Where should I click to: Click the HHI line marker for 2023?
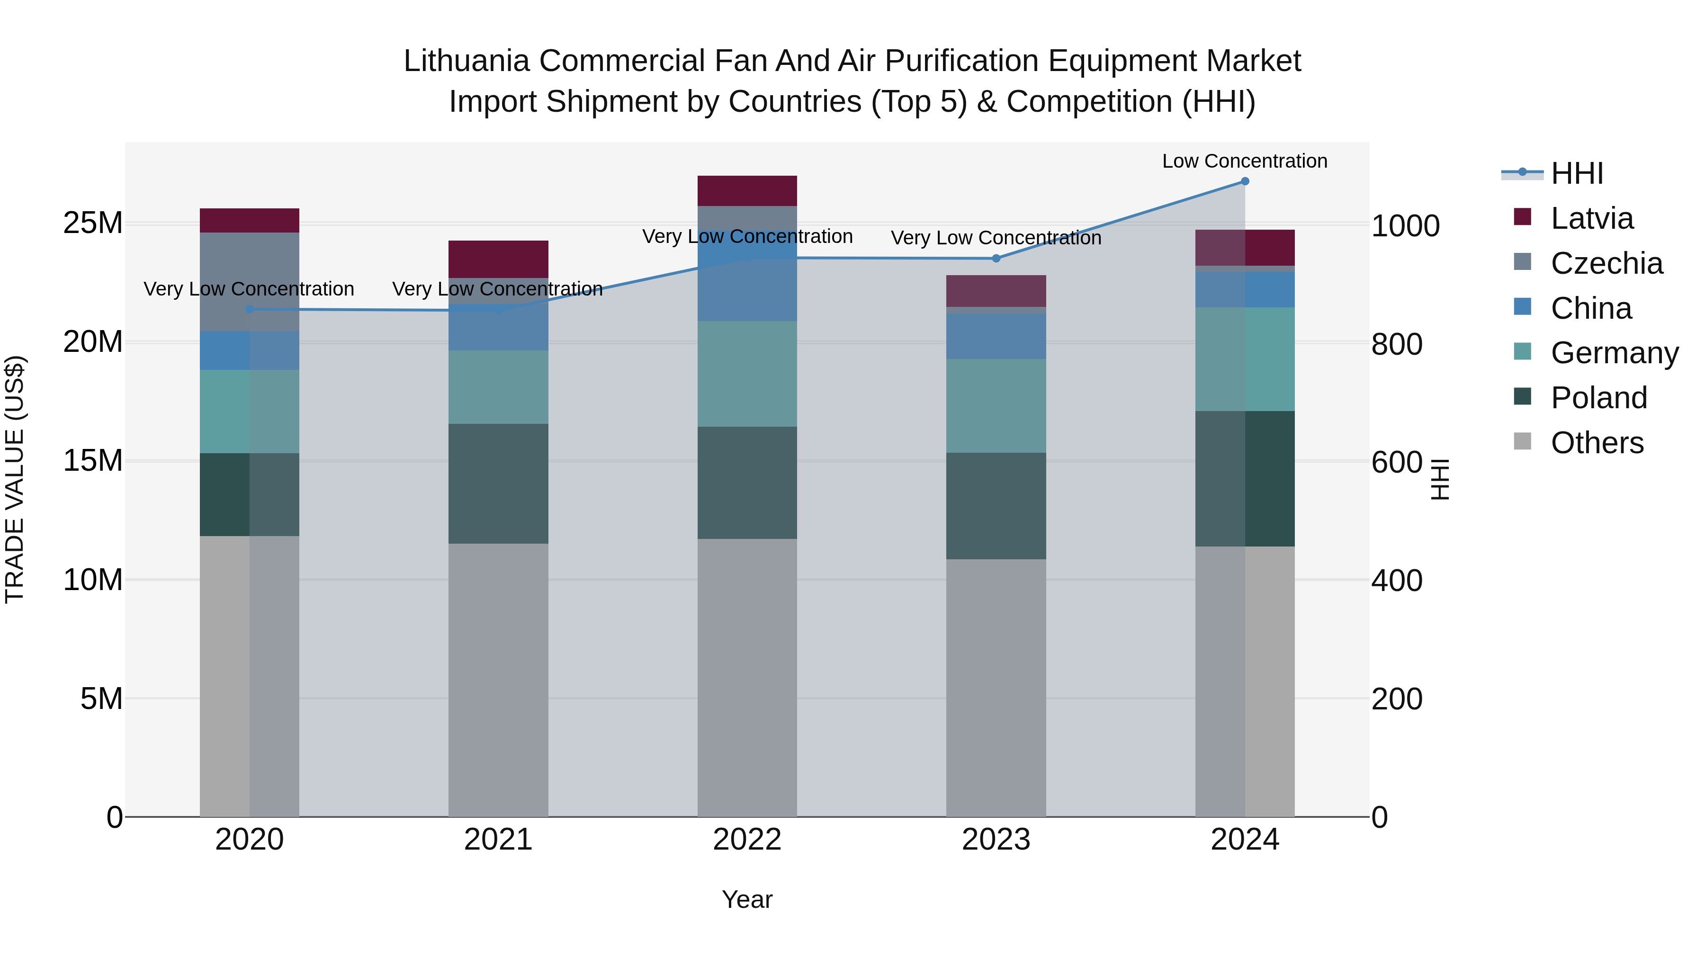pyautogui.click(x=996, y=258)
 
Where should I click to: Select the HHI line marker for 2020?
pyautogui.click(x=250, y=309)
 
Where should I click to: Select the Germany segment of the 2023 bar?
pyautogui.click(x=996, y=406)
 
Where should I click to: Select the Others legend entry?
pyautogui.click(x=1597, y=443)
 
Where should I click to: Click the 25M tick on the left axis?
pyautogui.click(x=93, y=223)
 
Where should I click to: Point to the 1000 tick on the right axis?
pyautogui.click(x=1405, y=226)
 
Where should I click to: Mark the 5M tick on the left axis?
pyautogui.click(x=101, y=698)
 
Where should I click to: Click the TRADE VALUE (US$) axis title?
pyautogui.click(x=15, y=479)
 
